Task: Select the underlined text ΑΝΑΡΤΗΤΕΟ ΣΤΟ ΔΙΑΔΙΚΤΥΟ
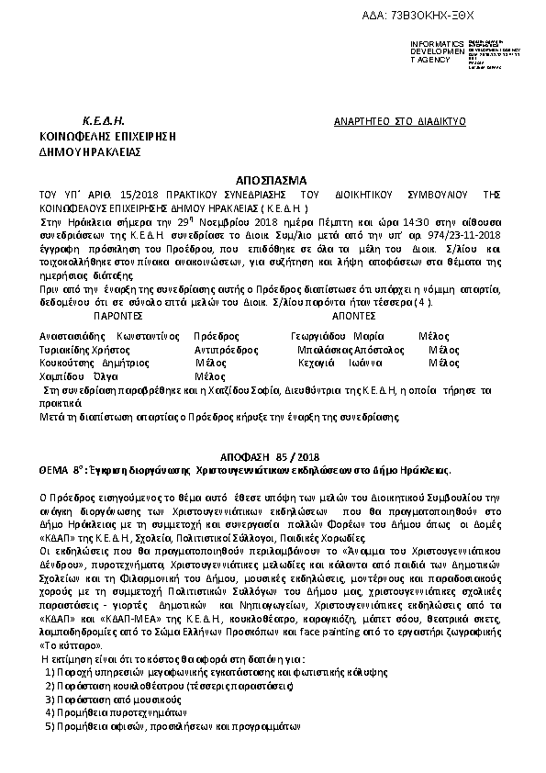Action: [400, 121]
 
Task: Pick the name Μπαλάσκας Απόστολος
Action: [351, 350]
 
